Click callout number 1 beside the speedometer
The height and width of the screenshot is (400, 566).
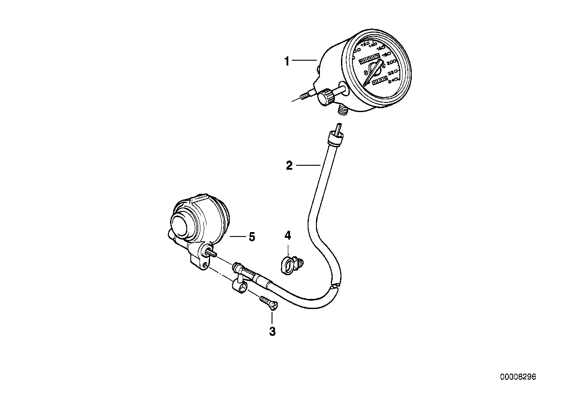click(287, 62)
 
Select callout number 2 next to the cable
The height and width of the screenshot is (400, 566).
click(289, 166)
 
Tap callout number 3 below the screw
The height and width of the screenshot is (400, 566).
click(272, 331)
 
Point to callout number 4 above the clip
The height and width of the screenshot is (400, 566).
click(288, 236)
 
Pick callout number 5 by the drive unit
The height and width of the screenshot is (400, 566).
click(252, 237)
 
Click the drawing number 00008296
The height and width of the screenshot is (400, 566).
click(518, 377)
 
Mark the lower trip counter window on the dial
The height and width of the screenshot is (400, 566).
click(379, 81)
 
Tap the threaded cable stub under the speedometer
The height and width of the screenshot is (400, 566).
click(342, 111)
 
